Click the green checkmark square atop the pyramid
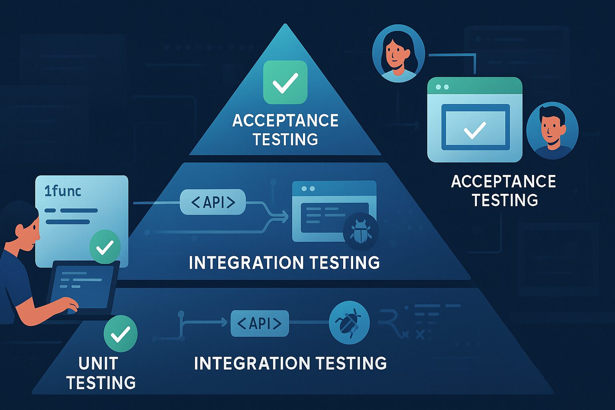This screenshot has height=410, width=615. [285, 82]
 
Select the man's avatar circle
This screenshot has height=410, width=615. [553, 131]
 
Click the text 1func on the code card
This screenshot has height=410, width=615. [62, 191]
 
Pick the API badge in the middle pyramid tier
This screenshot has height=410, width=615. [213, 202]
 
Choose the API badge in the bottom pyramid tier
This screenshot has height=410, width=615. [260, 323]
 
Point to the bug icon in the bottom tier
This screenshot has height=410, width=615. [349, 322]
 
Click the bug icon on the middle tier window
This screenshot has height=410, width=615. [361, 231]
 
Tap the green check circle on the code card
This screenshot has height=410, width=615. [105, 247]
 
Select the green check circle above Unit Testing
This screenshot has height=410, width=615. [121, 334]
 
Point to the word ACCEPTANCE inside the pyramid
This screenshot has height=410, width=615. [285, 121]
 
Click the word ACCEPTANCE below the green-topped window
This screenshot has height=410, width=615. [504, 181]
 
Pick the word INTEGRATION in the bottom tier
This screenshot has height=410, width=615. [252, 363]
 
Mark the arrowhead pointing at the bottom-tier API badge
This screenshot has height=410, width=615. [224, 322]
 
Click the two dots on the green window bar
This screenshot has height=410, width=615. [442, 87]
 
